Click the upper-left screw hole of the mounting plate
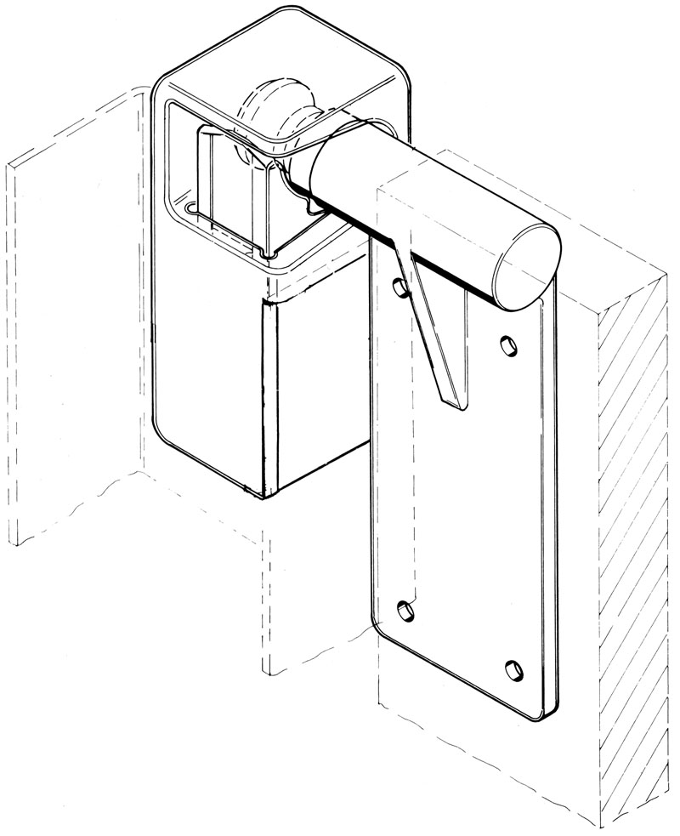tap(399, 288)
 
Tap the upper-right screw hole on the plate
tap(507, 346)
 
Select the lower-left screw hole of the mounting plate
tap(405, 609)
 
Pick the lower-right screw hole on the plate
tap(513, 669)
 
